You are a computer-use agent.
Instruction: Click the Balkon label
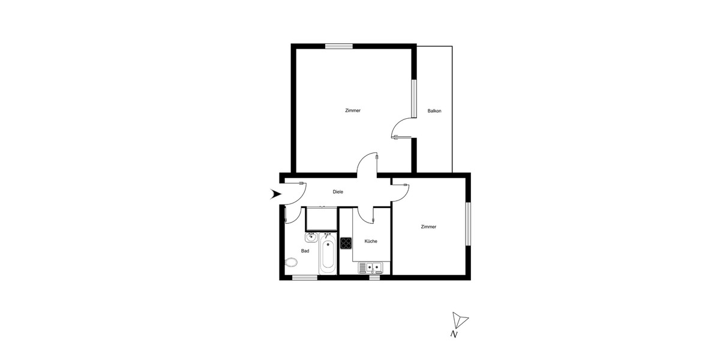434,111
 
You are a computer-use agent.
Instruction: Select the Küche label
371,241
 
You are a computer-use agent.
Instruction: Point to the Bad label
305,251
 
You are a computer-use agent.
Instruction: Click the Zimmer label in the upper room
353,110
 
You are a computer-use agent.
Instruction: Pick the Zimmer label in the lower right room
428,227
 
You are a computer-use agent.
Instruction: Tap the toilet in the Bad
292,262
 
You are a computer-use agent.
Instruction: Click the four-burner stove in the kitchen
346,243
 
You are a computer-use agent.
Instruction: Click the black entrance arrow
276,193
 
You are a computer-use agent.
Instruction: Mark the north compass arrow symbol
460,319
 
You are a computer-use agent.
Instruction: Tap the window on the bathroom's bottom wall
305,277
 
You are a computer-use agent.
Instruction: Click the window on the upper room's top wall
339,46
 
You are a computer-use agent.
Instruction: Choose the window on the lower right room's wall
467,224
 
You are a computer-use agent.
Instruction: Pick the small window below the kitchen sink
374,277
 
